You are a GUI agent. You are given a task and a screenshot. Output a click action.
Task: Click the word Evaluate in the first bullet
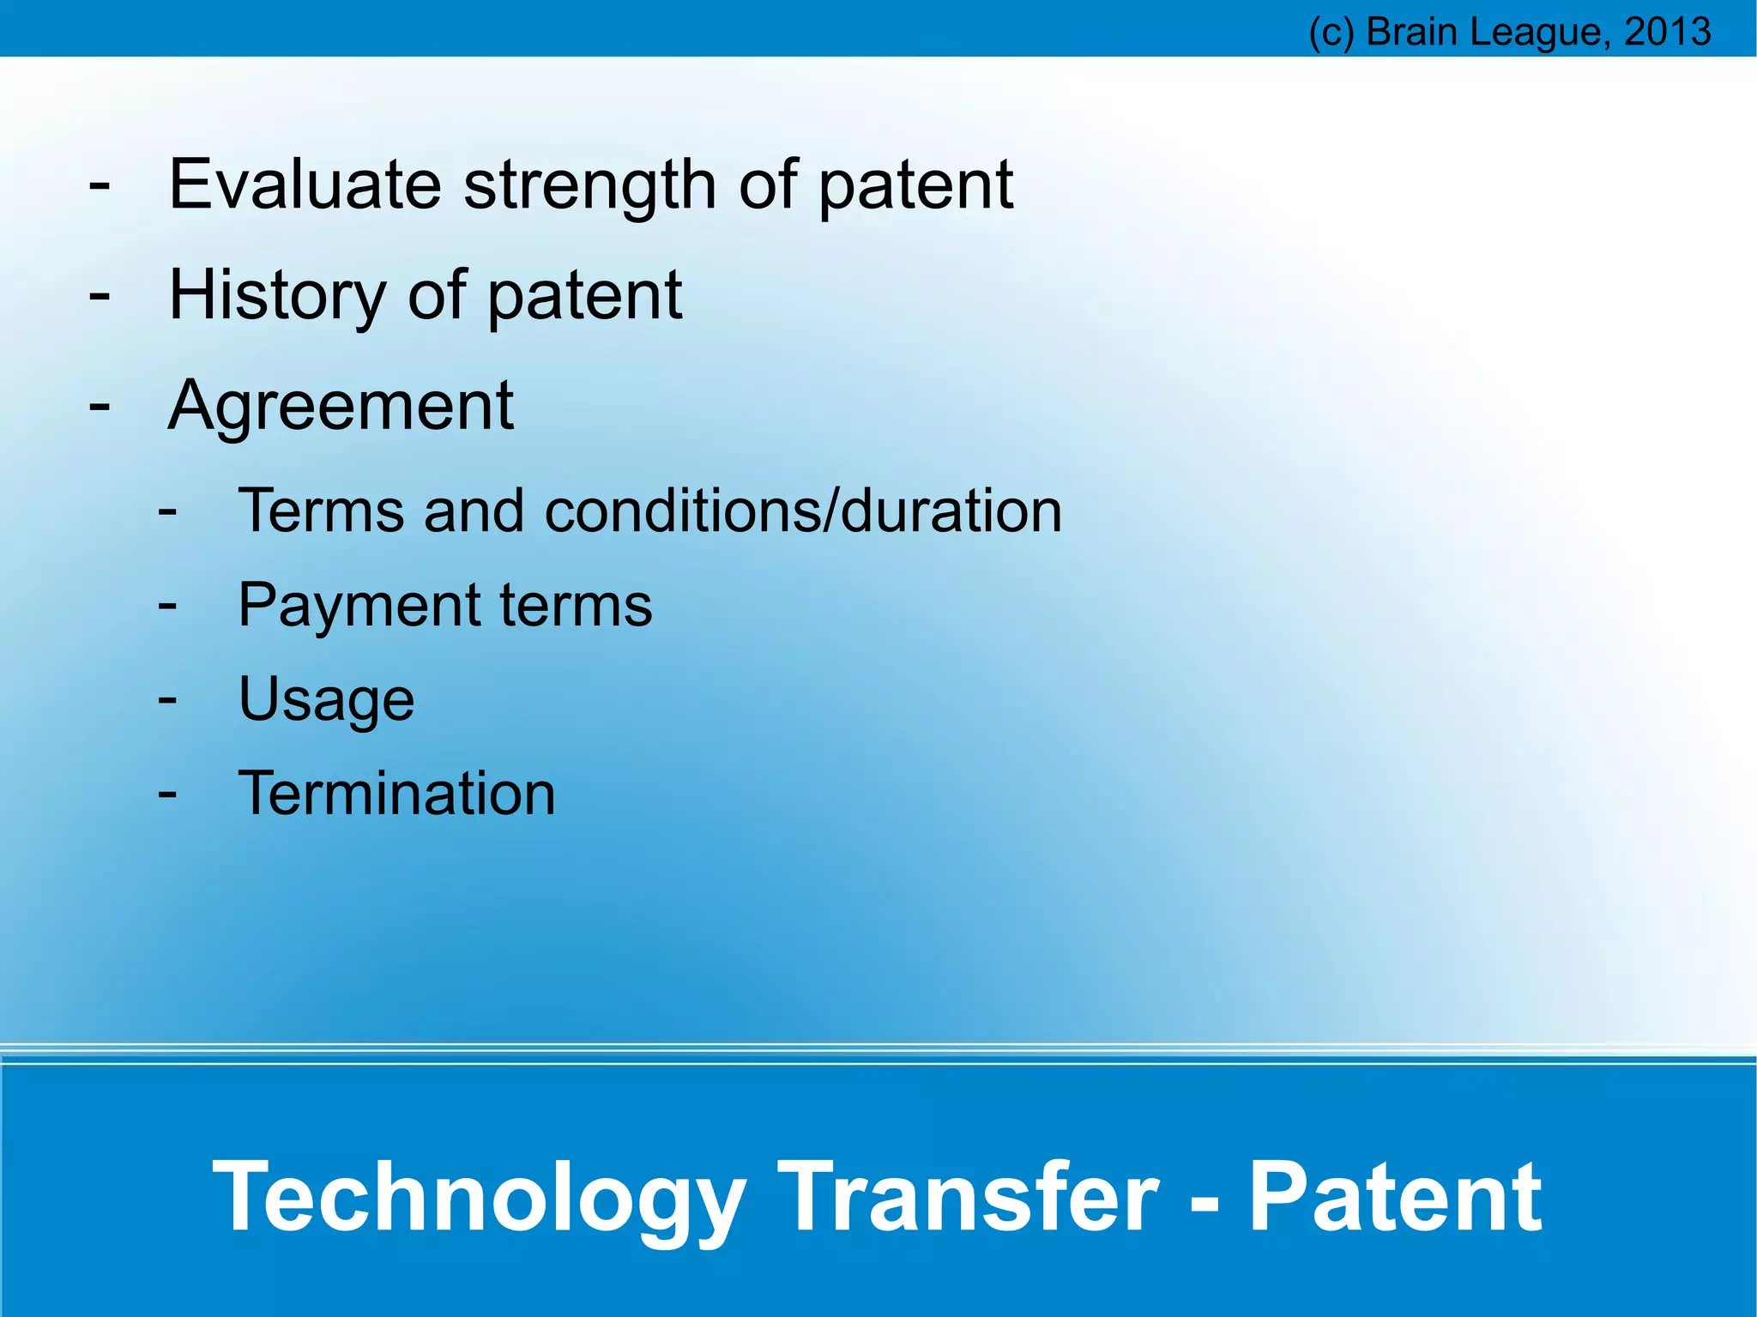tap(305, 184)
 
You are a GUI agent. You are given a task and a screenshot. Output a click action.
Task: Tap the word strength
tap(590, 186)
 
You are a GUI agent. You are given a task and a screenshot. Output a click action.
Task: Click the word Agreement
tap(341, 406)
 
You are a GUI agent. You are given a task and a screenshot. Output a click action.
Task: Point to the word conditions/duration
tap(803, 511)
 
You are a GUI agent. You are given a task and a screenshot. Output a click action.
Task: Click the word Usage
tap(326, 700)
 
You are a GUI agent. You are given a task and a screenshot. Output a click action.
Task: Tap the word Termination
tap(396, 794)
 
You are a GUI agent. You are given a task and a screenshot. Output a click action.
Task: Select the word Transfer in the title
tap(969, 1196)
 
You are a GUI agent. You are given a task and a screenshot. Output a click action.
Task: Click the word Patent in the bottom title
tap(1395, 1196)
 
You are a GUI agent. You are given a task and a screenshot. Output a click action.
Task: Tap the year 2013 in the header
tap(1668, 32)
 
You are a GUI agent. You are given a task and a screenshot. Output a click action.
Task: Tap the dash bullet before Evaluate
tap(100, 184)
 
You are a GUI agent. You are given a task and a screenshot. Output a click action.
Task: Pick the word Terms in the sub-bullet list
tap(321, 511)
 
